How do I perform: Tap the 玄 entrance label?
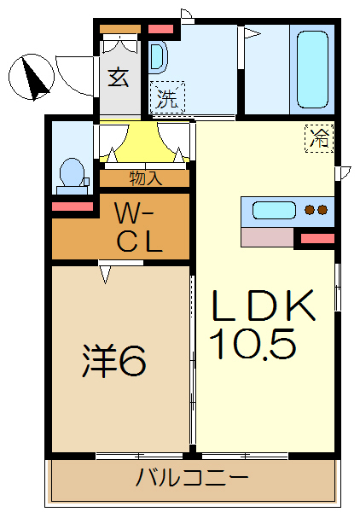point(119,77)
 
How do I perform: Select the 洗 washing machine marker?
point(167,98)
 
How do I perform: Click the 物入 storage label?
point(145,178)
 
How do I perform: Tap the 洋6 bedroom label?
point(116,362)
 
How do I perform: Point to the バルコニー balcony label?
point(193,477)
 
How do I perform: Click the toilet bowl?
point(72,174)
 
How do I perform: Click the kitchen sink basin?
point(274,211)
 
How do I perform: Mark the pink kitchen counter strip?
point(267,236)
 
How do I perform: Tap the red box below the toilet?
point(73,207)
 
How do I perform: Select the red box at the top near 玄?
point(160,30)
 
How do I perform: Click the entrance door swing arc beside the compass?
point(73,68)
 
